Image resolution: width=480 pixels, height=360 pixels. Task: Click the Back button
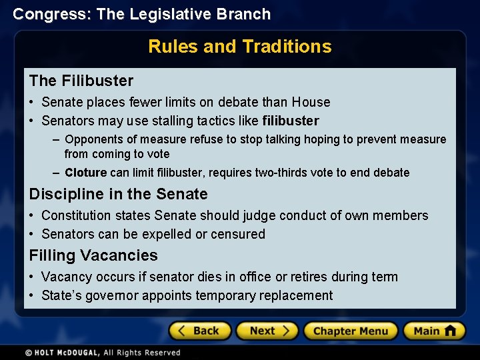click(199, 331)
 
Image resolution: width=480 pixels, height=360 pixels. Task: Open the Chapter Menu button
click(350, 331)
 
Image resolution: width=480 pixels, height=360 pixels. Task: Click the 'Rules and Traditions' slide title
click(239, 46)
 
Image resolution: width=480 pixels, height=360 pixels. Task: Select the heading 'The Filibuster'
click(81, 81)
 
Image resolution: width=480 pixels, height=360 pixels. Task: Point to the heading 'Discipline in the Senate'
click(118, 194)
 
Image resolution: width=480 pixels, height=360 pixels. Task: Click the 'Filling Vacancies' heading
click(93, 255)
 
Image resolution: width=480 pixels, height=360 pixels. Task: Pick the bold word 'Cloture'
click(86, 173)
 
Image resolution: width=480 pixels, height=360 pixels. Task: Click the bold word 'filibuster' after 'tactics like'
click(291, 121)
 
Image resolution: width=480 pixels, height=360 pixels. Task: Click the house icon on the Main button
click(450, 330)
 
